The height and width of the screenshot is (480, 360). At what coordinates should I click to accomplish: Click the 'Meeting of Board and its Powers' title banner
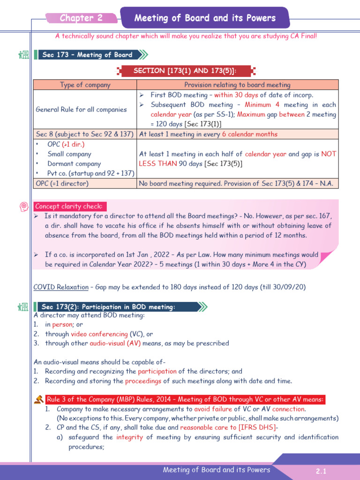pos(205,18)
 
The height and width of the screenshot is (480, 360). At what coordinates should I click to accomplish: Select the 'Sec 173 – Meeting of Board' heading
pos(87,55)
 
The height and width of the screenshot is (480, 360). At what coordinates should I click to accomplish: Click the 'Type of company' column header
pos(85,85)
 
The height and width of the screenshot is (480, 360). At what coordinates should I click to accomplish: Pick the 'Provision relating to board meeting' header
pos(237,85)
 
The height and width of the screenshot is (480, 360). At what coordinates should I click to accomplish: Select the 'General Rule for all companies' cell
pos(81,109)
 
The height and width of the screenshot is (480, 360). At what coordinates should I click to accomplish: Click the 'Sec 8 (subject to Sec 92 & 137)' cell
pos(85,134)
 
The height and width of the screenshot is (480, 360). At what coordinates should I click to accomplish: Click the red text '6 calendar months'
pos(249,134)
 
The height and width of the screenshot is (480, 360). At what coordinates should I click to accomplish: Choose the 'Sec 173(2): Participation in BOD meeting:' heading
pos(108,307)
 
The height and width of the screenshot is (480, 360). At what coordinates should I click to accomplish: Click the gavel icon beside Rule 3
pos(38,399)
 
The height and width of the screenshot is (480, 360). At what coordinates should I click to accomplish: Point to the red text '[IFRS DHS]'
pos(254,427)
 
